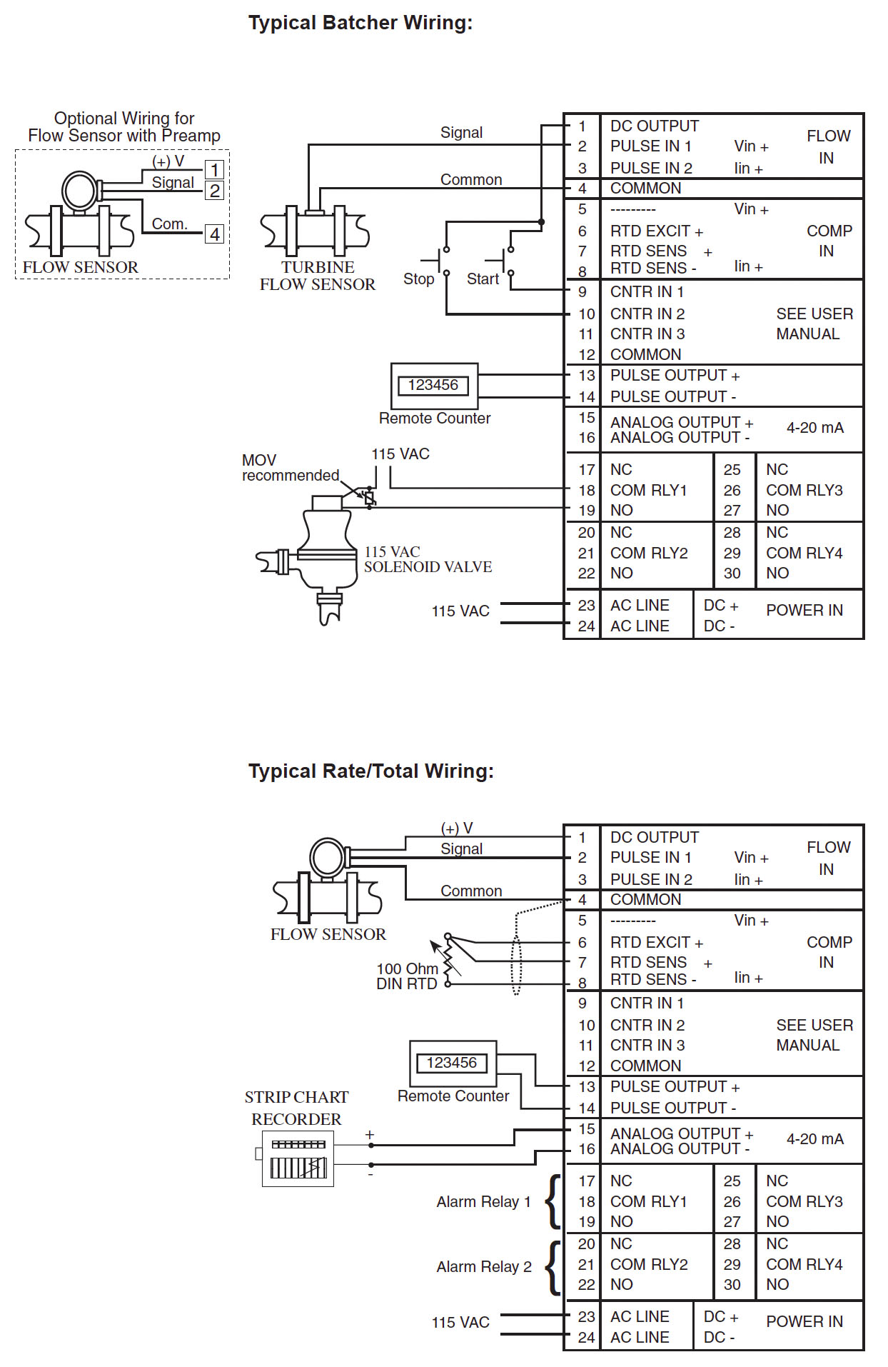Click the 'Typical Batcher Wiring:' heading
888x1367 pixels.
click(x=360, y=23)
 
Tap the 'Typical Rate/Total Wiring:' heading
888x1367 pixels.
click(x=370, y=771)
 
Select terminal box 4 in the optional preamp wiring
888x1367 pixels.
click(x=214, y=234)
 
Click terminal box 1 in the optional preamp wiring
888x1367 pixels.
click(x=214, y=170)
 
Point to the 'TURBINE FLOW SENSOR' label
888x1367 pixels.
click(x=317, y=276)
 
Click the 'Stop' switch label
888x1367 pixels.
click(x=418, y=279)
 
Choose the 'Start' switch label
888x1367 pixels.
click(x=483, y=279)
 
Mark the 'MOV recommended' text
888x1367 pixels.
click(x=290, y=468)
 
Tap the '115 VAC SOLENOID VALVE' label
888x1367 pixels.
click(x=428, y=559)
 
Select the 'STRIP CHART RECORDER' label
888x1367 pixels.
click(x=296, y=1108)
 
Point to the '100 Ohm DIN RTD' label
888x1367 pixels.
click(x=407, y=976)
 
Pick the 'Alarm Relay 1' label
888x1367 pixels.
click(x=483, y=1202)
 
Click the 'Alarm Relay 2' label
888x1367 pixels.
click(x=484, y=1267)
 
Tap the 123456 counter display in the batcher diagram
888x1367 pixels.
click(x=433, y=386)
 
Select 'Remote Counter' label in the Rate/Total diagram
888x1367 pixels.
click(x=453, y=1096)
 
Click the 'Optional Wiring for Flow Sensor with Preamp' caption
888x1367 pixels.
click(x=124, y=127)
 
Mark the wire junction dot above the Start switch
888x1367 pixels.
click(x=541, y=222)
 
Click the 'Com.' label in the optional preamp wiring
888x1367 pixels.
click(x=169, y=224)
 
